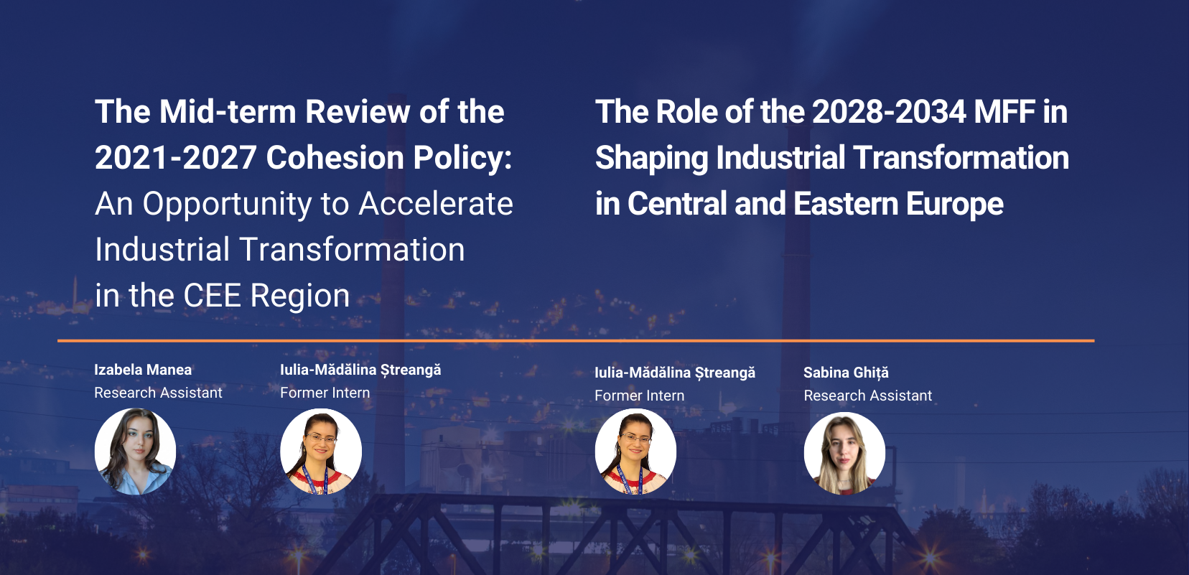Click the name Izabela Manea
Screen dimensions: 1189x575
pos(143,370)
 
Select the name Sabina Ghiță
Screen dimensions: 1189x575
pos(846,373)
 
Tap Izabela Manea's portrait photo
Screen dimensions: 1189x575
pos(136,452)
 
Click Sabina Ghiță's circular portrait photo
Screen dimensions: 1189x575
pos(844,454)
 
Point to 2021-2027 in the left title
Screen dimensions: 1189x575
pos(176,158)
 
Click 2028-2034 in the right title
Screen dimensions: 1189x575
pos(889,112)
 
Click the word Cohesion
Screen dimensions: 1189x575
pos(335,158)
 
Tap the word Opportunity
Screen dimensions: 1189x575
pos(227,205)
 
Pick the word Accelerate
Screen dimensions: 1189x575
pos(436,204)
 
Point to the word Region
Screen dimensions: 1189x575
pos(300,296)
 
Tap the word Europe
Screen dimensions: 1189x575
pos(955,205)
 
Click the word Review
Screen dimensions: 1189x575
pos(358,112)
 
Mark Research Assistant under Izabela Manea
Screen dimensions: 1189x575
pos(158,393)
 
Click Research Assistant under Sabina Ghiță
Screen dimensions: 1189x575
pos(868,396)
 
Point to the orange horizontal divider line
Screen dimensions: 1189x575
pos(576,341)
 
